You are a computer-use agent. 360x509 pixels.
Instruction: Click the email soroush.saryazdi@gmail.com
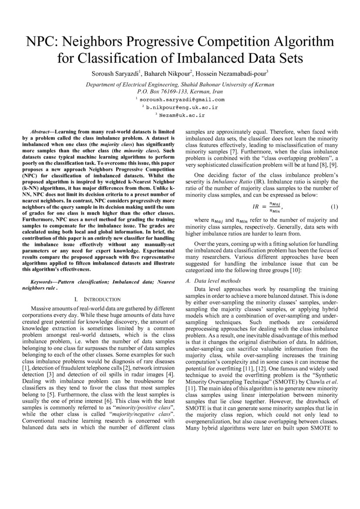tap(182, 100)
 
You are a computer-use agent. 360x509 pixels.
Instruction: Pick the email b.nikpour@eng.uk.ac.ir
tap(182, 107)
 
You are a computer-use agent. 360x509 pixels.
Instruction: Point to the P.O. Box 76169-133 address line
tap(180, 92)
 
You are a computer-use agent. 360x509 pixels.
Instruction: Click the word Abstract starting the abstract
tap(41, 131)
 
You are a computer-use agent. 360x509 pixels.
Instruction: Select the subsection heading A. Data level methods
tap(213, 281)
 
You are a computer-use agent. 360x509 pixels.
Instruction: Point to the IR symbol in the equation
tap(257, 206)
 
